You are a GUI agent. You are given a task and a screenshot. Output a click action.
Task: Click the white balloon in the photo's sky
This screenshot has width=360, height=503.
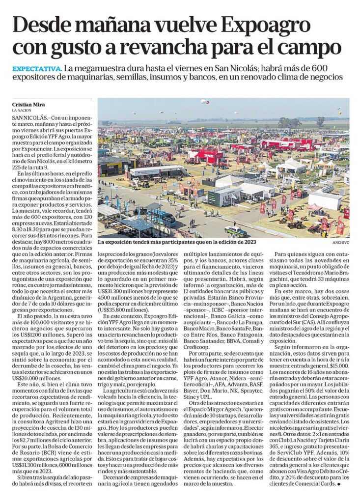click(204, 102)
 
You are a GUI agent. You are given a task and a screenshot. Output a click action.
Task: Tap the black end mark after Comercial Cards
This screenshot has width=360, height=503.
click(338, 483)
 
